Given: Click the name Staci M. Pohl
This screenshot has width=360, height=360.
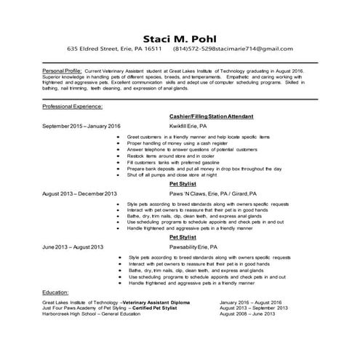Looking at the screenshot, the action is coord(180,37).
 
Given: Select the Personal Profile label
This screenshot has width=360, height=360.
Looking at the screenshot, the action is coord(62,72).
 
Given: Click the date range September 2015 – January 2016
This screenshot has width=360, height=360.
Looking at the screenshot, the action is coord(81,125).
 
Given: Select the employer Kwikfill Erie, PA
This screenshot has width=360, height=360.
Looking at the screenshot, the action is coord(188,125).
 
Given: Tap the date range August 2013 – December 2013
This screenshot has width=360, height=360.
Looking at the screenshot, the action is coord(79,194).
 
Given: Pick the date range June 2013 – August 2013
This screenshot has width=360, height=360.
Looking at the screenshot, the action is coord(73,247).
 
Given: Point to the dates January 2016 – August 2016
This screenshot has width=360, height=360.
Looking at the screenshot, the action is coord(250,301).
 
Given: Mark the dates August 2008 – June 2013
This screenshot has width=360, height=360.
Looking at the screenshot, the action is coord(247,314).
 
